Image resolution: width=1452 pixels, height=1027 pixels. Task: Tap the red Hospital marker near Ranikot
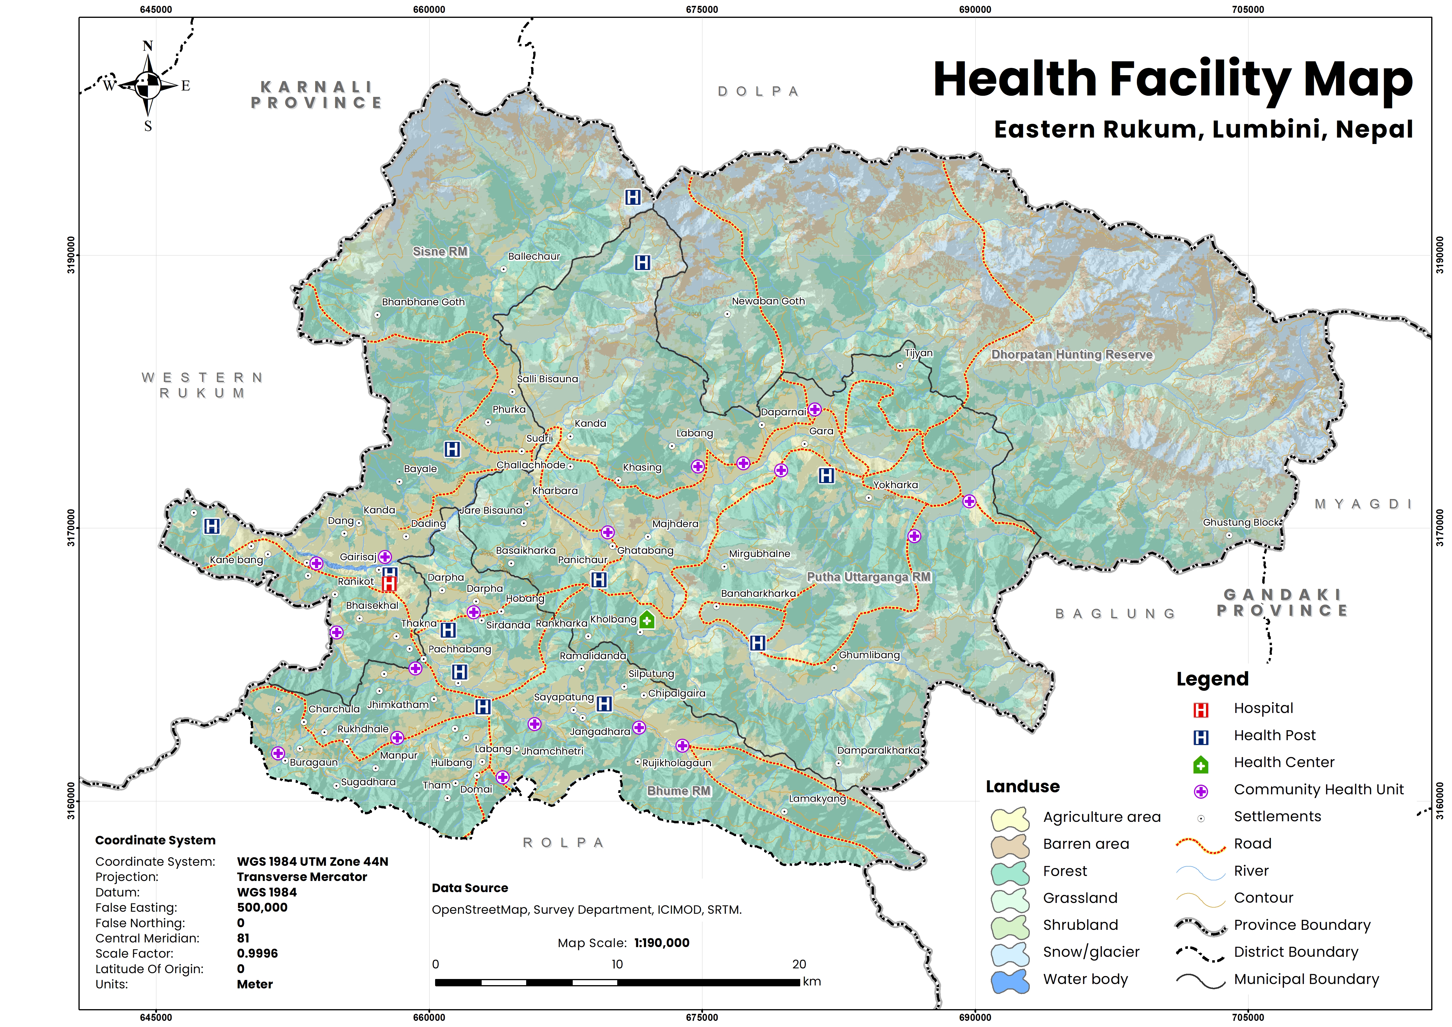(389, 583)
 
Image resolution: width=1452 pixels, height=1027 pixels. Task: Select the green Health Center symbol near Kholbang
(647, 620)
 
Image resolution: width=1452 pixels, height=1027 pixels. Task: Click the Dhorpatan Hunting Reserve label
(1072, 355)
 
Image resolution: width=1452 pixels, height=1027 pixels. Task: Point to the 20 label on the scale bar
(799, 964)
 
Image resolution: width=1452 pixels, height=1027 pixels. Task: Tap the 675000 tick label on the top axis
(702, 9)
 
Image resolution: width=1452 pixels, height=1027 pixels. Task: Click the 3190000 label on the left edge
(71, 256)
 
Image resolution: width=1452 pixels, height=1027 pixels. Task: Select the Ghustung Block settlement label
(1241, 522)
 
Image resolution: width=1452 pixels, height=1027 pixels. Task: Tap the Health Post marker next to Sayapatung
(604, 704)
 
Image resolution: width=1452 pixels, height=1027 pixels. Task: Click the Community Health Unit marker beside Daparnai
(815, 409)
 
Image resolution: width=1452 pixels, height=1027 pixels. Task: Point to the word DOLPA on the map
(758, 92)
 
